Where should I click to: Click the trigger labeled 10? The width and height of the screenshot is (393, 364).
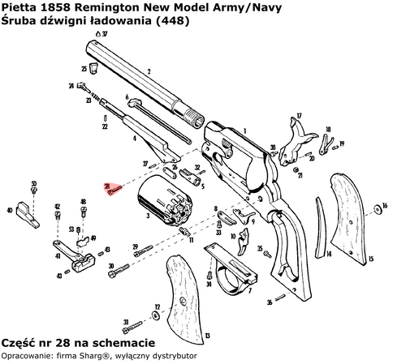coord(245,241)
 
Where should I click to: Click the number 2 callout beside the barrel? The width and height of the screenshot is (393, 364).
coord(149,72)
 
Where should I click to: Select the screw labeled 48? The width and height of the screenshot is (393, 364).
coord(83,212)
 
